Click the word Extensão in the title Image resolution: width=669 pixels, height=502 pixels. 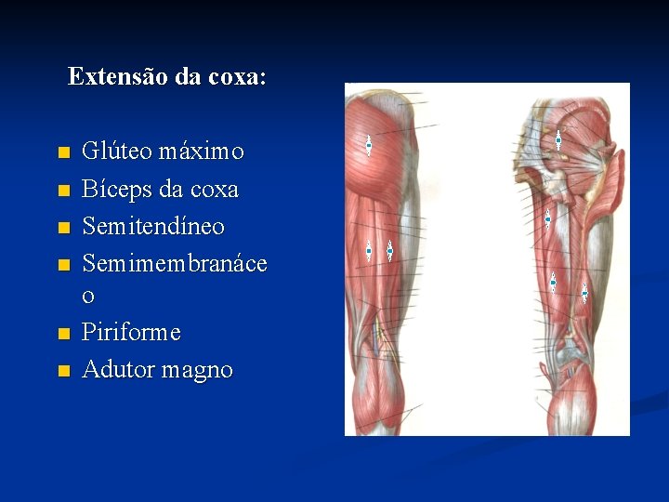[107, 76]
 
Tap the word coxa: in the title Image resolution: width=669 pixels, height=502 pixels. [238, 76]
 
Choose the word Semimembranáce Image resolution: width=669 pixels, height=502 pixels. [175, 264]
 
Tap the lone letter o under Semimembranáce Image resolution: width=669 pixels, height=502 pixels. [88, 297]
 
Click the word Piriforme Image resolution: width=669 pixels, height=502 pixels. [131, 332]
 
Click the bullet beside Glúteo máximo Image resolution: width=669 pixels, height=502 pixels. [62, 152]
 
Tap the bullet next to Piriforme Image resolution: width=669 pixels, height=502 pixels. [62, 333]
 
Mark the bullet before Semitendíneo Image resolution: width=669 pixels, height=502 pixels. [62, 228]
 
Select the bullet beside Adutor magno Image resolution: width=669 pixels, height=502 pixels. [62, 371]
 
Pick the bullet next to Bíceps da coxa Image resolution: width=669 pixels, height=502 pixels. [62, 191]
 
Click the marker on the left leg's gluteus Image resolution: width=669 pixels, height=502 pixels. [369, 145]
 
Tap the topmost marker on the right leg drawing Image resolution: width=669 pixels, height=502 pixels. [558, 140]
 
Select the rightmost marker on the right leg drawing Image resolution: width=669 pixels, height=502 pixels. [584, 293]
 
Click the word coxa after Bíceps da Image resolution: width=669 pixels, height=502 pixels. [214, 191]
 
